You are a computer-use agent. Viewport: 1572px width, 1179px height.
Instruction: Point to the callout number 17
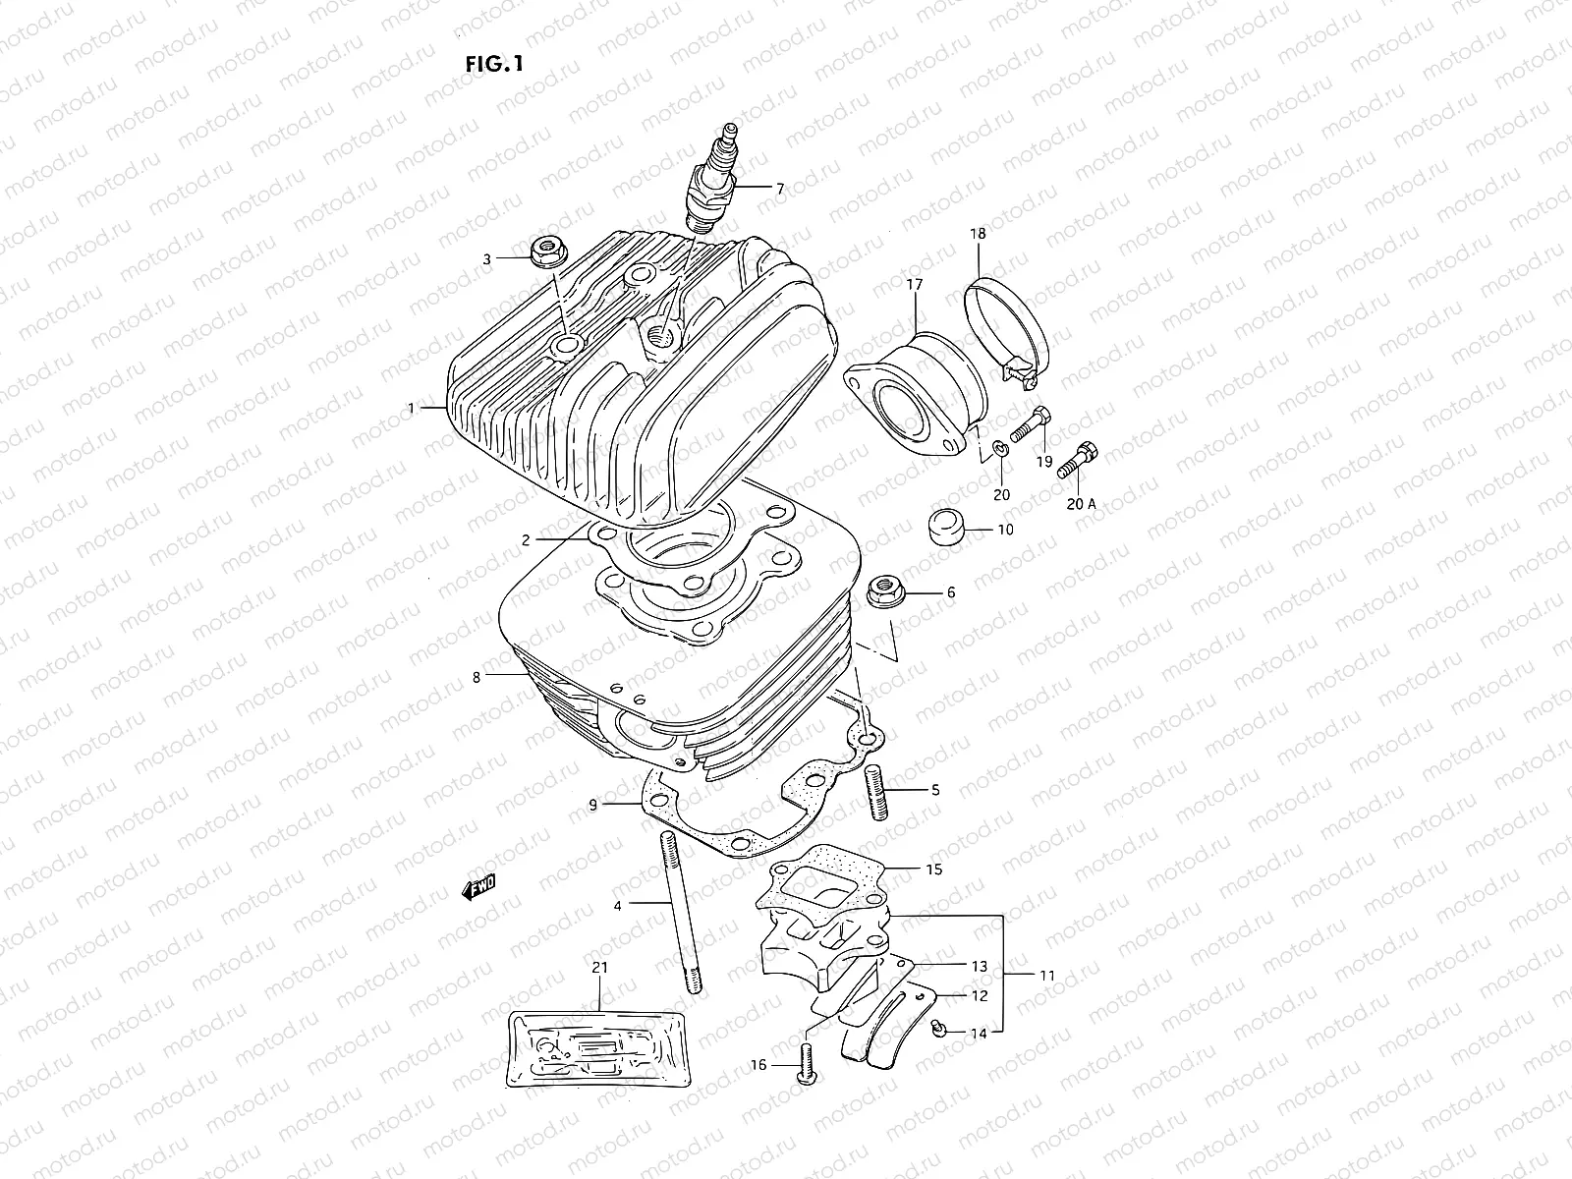914,285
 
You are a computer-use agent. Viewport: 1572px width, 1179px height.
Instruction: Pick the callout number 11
1048,976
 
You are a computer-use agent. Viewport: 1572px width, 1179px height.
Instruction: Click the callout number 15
933,870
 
